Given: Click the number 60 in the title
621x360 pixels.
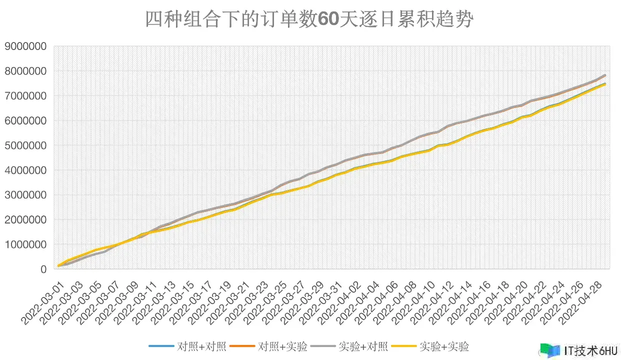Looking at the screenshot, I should [x=328, y=20].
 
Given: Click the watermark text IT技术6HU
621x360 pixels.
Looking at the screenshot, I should [x=590, y=349].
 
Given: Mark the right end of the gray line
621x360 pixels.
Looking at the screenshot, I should [x=605, y=75].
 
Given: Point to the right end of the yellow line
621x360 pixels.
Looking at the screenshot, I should [x=605, y=84].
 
